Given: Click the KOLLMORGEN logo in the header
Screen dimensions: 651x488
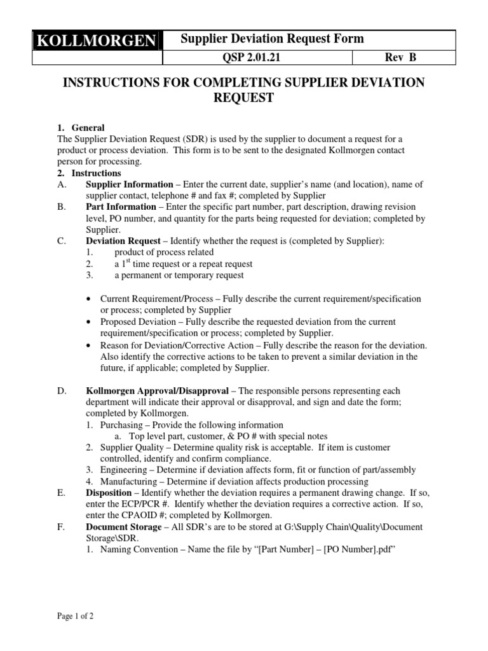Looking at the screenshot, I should (97, 42).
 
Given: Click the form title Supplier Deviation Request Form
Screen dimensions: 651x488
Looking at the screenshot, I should (273, 39).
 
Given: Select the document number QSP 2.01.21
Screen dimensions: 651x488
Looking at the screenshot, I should (257, 58).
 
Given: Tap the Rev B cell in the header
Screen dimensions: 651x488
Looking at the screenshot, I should (401, 58).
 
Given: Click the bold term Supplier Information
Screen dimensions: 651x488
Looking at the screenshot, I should (130, 184).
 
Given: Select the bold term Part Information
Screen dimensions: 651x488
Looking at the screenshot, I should (121, 207).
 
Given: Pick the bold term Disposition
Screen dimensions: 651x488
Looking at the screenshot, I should (110, 493).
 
